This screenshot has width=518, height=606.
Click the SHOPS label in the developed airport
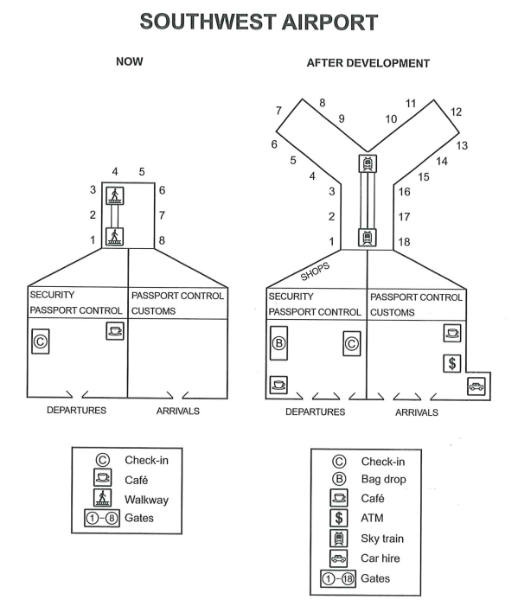pos(315,271)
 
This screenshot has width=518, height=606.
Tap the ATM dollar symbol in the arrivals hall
pos(452,363)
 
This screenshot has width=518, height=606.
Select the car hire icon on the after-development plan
pos(476,386)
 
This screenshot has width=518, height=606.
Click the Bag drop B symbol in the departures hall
pos(278,343)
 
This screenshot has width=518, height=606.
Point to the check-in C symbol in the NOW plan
pos(40,341)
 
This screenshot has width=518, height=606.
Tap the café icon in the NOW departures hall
pos(115,331)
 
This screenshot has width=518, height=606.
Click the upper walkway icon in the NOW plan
pos(115,195)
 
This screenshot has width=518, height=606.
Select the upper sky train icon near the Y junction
pos(368,163)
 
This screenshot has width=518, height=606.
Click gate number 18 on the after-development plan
pos(404,242)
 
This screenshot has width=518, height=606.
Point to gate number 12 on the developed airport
pos(456,112)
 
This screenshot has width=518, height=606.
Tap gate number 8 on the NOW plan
pos(162,240)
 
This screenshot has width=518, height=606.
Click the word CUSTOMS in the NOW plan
pos(153,311)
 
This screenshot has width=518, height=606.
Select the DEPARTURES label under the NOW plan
pos(77,411)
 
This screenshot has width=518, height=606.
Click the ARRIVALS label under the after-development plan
pos(417,412)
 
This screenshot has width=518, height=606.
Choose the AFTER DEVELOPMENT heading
pos(368,63)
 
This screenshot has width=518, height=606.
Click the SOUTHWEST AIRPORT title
pos(259,22)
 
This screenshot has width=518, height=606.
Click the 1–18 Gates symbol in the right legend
pos(338,578)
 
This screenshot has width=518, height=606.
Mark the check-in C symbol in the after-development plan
pos(352,343)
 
